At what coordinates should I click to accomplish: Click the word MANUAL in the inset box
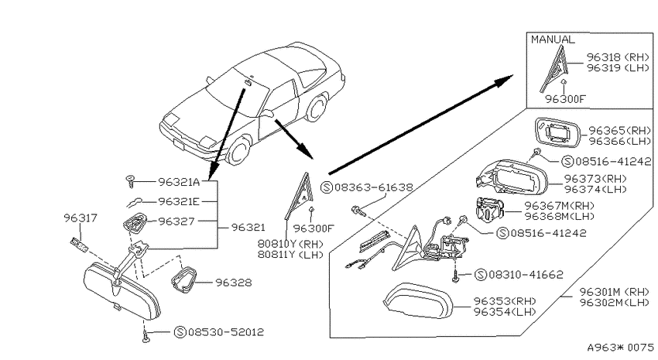tap(553, 39)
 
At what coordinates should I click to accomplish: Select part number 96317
tap(81, 218)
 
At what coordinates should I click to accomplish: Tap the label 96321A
tap(179, 182)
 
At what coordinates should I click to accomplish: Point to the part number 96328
tap(234, 283)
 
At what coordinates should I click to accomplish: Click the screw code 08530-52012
tap(226, 332)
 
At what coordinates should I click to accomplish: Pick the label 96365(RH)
tap(620, 131)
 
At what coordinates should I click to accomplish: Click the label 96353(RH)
tap(505, 301)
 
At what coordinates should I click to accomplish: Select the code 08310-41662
tap(526, 274)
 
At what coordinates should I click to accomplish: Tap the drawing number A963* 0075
tap(621, 348)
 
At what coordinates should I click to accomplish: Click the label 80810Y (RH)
tap(290, 244)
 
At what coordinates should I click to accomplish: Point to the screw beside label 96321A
tap(130, 182)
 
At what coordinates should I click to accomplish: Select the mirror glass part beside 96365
tap(557, 133)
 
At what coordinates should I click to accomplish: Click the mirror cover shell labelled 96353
tap(418, 301)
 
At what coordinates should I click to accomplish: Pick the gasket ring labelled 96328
tap(183, 279)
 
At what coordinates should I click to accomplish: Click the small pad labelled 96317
tap(79, 245)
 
